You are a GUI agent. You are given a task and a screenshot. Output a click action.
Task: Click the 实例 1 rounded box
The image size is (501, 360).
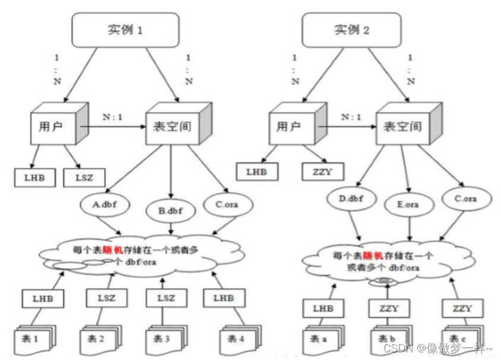(125, 30)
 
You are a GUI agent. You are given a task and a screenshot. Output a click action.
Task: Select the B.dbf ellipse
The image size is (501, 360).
(170, 210)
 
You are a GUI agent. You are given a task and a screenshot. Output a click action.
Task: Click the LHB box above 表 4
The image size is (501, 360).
(223, 298)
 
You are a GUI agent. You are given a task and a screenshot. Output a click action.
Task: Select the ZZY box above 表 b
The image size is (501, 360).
(388, 308)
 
